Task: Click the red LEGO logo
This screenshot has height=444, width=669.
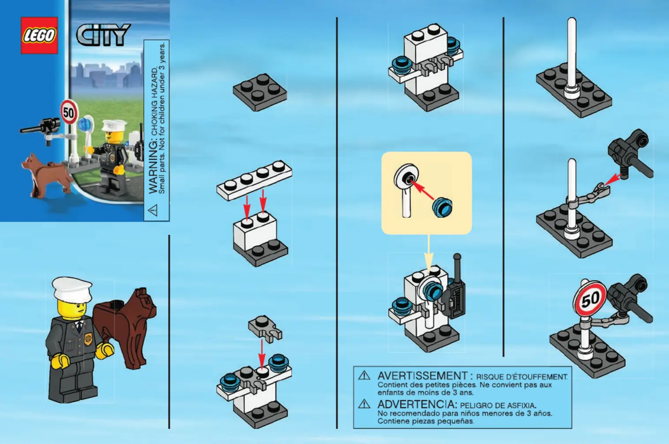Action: [39, 35]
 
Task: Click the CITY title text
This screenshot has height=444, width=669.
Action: [103, 35]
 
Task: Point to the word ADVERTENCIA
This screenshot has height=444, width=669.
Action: [417, 405]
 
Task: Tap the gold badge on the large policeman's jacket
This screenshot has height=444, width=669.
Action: [88, 339]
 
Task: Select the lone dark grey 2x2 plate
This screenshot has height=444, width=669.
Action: [260, 92]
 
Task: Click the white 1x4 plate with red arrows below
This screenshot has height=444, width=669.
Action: [255, 180]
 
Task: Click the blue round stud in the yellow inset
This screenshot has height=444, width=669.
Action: [442, 207]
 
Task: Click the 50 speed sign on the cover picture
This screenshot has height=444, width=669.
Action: [69, 112]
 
